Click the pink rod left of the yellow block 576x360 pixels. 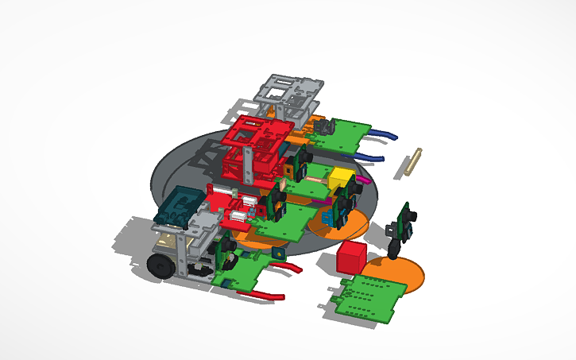[x=315, y=180]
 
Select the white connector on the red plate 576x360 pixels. [x=241, y=215]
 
